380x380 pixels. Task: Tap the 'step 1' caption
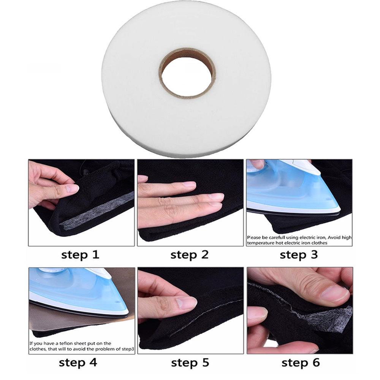tap(80, 255)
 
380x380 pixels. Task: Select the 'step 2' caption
tap(190, 255)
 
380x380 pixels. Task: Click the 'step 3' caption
tap(299, 255)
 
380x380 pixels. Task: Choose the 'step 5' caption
tap(190, 362)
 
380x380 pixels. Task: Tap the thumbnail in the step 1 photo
tap(71, 188)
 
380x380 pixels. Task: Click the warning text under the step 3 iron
tap(299, 239)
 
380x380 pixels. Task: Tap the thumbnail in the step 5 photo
tap(186, 302)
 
